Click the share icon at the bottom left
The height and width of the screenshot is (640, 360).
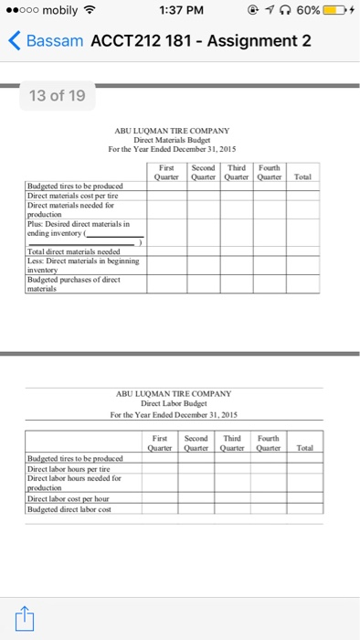(24, 619)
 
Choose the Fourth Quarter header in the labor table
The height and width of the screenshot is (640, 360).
(268, 443)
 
